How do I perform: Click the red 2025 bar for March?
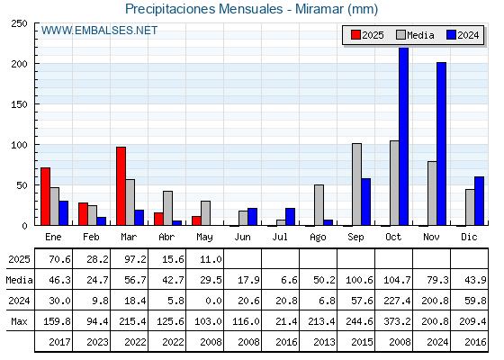coord(121,186)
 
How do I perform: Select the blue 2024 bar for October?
coord(404,136)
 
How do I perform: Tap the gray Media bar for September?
coord(356,184)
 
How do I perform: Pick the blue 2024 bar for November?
coord(442,144)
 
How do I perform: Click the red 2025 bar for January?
coord(46,196)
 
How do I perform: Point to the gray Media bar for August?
coord(319,205)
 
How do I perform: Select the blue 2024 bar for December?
coord(479,201)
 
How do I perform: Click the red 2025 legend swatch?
coord(355,35)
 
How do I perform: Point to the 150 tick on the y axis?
coord(19,104)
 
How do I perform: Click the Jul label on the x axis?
coord(280,237)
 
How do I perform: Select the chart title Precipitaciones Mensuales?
coord(203,9)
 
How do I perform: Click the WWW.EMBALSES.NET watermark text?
coord(99,31)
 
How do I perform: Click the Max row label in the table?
coord(19,321)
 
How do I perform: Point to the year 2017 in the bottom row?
coord(59,342)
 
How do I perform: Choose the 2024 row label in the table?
coord(19,301)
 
